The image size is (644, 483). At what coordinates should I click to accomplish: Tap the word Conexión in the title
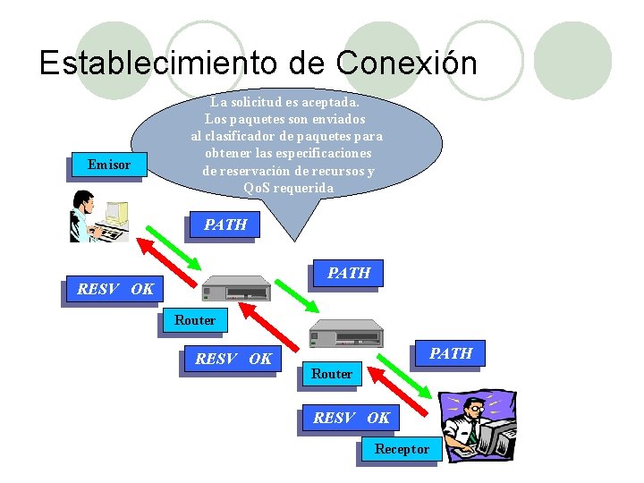[x=407, y=63]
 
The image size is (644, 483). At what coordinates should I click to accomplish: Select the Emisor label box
[x=108, y=164]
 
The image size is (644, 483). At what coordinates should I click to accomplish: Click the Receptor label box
[x=402, y=448]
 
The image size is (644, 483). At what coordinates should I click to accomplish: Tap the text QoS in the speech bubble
[x=258, y=188]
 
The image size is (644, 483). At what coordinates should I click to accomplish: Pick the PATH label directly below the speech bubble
[x=225, y=225]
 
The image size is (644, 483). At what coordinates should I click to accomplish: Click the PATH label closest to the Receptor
[x=451, y=353]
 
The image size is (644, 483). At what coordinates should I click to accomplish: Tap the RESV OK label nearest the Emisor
[x=115, y=289]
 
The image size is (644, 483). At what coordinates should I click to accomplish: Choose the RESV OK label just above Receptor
[x=352, y=417]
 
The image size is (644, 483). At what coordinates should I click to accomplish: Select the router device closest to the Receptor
[x=345, y=335]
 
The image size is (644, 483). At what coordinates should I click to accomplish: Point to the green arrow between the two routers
[x=296, y=296]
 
